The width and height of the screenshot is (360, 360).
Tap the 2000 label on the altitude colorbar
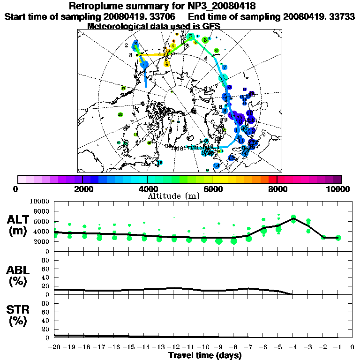82,189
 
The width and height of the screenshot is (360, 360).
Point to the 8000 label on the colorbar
277,189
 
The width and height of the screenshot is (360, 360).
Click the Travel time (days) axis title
205,355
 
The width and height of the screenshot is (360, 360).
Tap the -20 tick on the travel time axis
55,347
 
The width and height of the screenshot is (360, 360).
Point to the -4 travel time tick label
293,347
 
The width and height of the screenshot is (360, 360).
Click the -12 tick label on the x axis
174,347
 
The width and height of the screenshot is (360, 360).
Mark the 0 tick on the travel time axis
352,347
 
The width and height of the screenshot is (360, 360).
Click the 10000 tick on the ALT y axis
42,201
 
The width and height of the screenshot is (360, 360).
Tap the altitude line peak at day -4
293,217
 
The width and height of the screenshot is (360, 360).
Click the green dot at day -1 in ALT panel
338,238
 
